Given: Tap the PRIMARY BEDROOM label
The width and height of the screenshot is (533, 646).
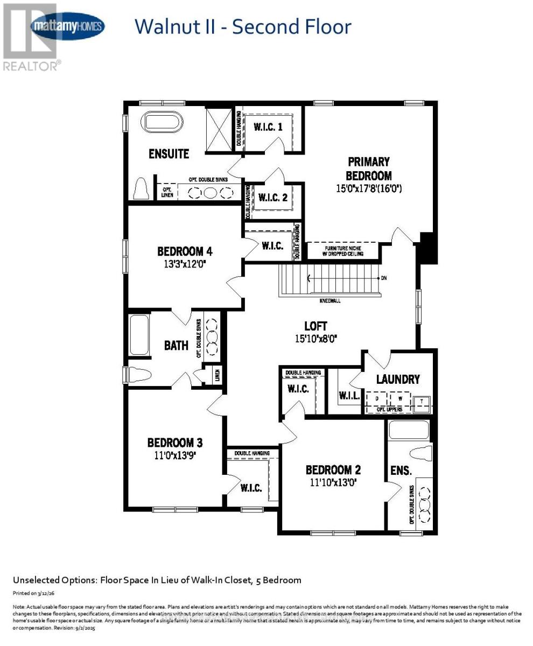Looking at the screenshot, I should click(x=368, y=168).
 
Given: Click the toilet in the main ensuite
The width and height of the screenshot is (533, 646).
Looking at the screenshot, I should click(x=141, y=189).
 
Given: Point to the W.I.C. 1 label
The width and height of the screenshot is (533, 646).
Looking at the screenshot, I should click(x=268, y=127).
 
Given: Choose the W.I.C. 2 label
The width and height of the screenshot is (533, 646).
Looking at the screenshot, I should click(x=273, y=198).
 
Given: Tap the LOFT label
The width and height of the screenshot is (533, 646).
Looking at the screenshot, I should click(x=315, y=326).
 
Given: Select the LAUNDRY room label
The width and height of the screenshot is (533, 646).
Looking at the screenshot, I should click(x=398, y=380).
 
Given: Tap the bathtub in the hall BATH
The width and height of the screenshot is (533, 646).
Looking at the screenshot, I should click(x=139, y=335).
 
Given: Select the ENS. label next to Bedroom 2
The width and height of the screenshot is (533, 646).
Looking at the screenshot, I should click(x=401, y=471).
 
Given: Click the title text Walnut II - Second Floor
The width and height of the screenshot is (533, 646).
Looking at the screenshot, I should click(x=242, y=27).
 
